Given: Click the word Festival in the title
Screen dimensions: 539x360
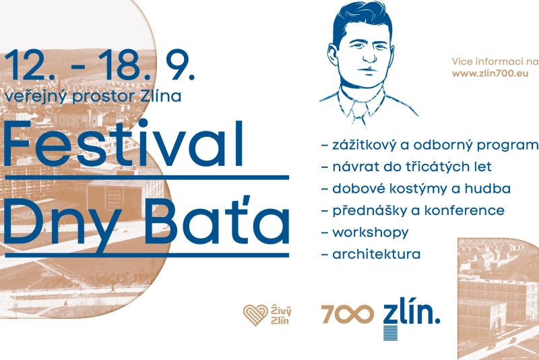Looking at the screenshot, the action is [123, 143].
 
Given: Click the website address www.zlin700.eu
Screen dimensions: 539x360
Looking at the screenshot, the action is [490, 73].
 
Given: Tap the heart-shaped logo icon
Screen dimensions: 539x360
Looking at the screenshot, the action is [255, 315].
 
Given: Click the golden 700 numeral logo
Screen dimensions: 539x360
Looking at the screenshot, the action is [348, 314].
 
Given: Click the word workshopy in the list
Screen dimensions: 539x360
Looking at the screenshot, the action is [370, 233].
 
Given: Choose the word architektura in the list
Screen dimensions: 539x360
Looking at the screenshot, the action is [377, 254].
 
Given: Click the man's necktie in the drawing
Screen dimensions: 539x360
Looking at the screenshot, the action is [358, 115].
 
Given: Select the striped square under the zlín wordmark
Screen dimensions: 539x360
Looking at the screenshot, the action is [390, 332].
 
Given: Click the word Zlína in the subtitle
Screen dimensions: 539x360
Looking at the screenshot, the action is [161, 96].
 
